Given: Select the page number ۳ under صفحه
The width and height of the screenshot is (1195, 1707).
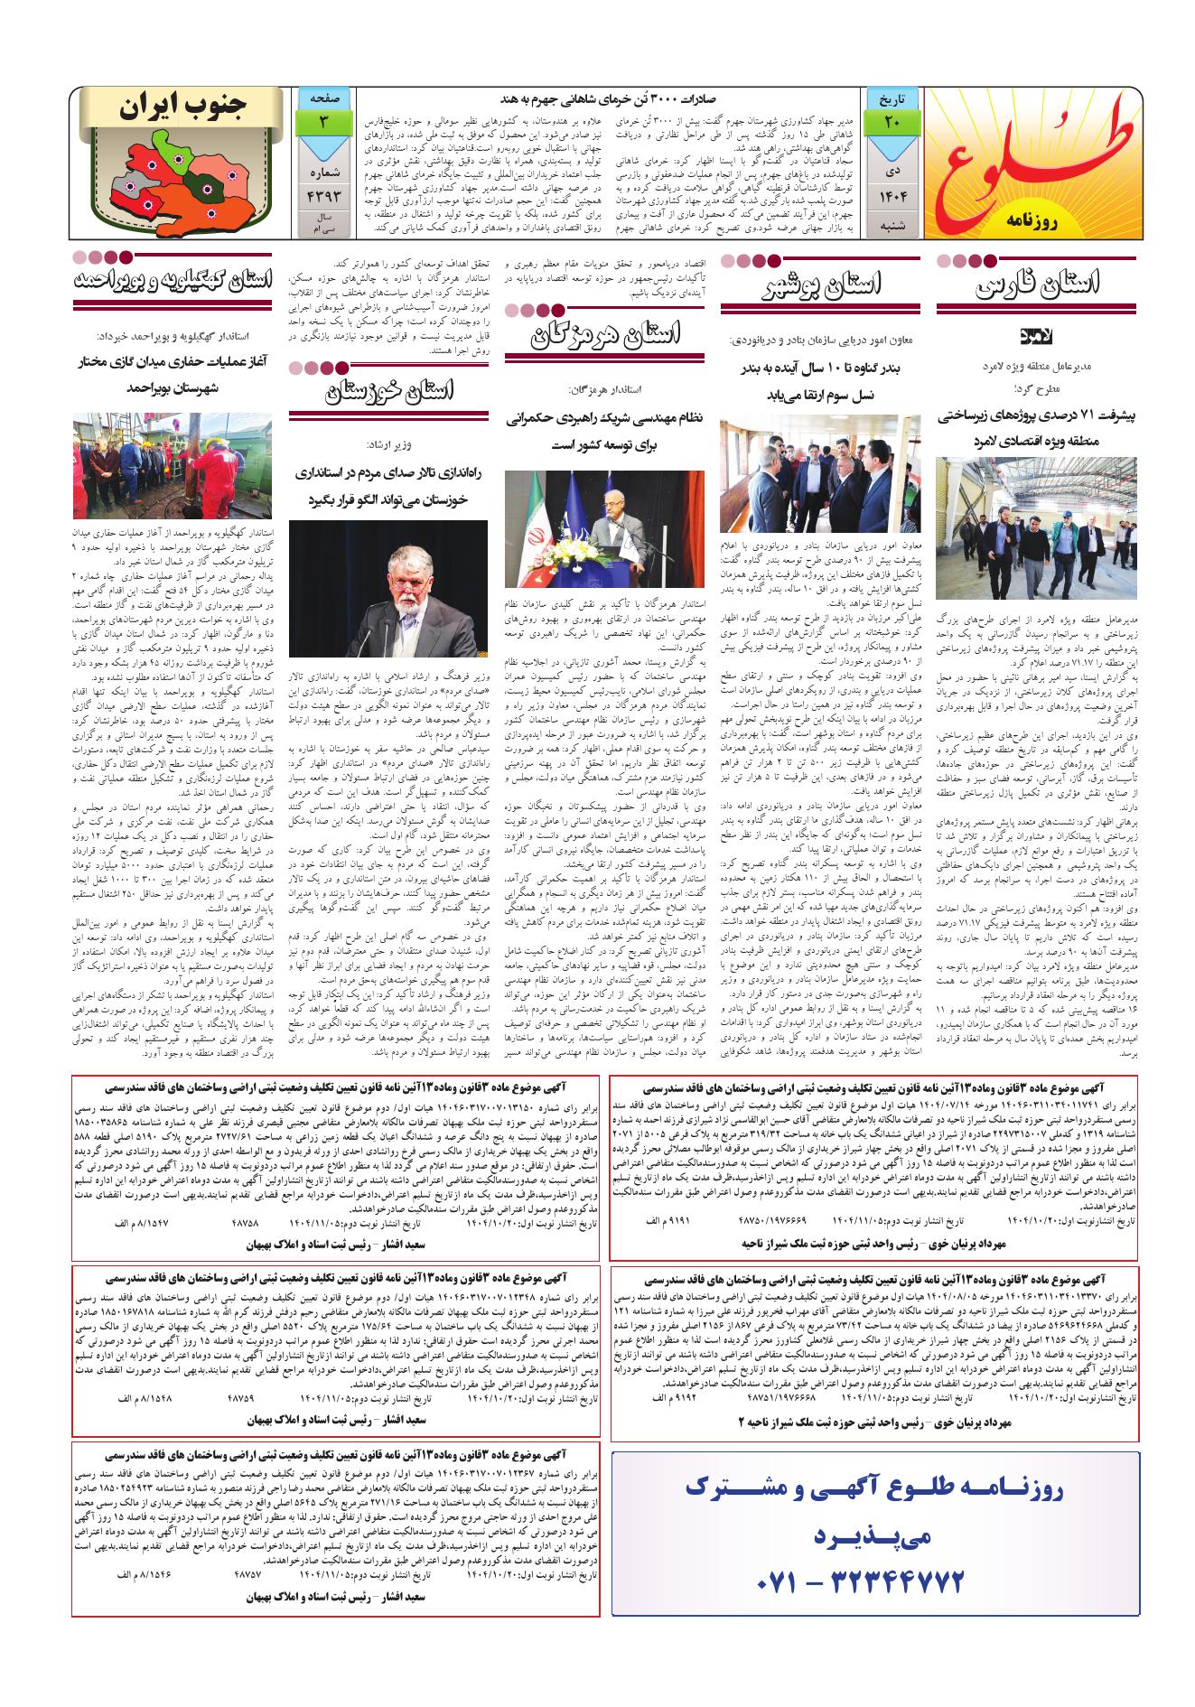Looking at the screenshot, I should pos(323,122).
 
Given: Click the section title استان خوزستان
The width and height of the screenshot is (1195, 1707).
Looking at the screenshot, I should pos(392,391).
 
